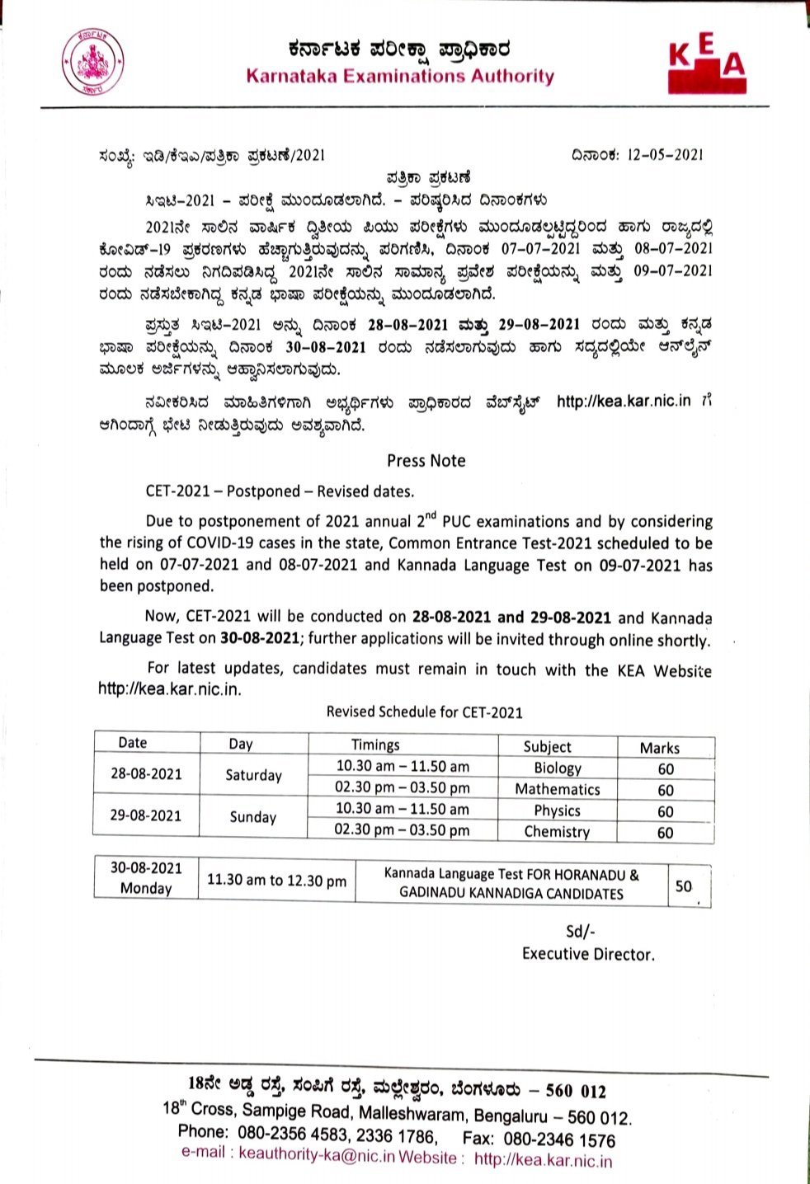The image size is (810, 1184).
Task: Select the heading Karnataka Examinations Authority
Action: click(x=400, y=77)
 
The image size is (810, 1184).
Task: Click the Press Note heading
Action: click(x=426, y=461)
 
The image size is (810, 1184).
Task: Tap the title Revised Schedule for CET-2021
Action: click(x=424, y=712)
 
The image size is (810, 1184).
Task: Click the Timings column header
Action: click(x=375, y=745)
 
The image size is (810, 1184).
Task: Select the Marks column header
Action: click(x=659, y=748)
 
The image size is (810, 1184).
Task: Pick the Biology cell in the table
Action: click(x=557, y=768)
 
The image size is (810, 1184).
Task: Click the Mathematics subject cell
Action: click(x=557, y=789)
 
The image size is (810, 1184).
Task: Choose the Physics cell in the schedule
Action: click(x=557, y=810)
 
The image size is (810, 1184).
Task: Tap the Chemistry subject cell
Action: click(x=557, y=832)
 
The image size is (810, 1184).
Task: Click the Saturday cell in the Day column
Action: click(x=253, y=775)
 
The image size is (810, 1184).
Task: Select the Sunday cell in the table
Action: click(x=252, y=817)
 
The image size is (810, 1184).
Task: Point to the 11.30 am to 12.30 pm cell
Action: click(x=276, y=881)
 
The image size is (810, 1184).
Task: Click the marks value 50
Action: click(x=684, y=886)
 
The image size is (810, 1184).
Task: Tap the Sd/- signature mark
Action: click(x=580, y=932)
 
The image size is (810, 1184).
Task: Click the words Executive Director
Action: click(x=588, y=954)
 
